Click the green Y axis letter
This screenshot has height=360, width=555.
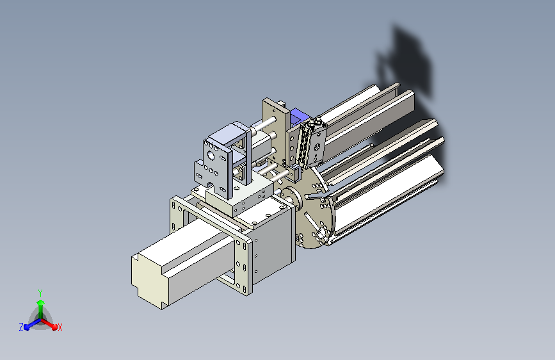pos(40,293)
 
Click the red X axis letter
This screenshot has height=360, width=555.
pos(60,327)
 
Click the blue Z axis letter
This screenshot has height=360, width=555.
pos(21,327)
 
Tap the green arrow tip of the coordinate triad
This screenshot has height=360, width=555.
pos(41,302)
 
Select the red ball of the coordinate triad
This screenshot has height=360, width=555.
pos(54,327)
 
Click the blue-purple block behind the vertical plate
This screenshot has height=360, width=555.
pos(299,117)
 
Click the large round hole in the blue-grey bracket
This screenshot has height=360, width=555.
pos(211,155)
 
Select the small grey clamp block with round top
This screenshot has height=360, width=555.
pos(296,173)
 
